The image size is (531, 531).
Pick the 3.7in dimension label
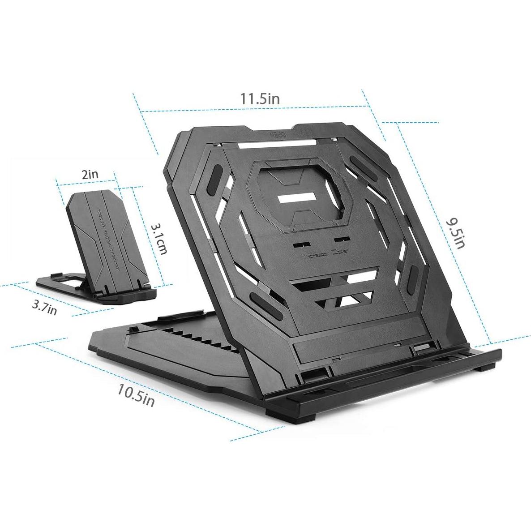click(x=44, y=308)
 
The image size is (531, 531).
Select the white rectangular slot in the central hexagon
click(x=298, y=198)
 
